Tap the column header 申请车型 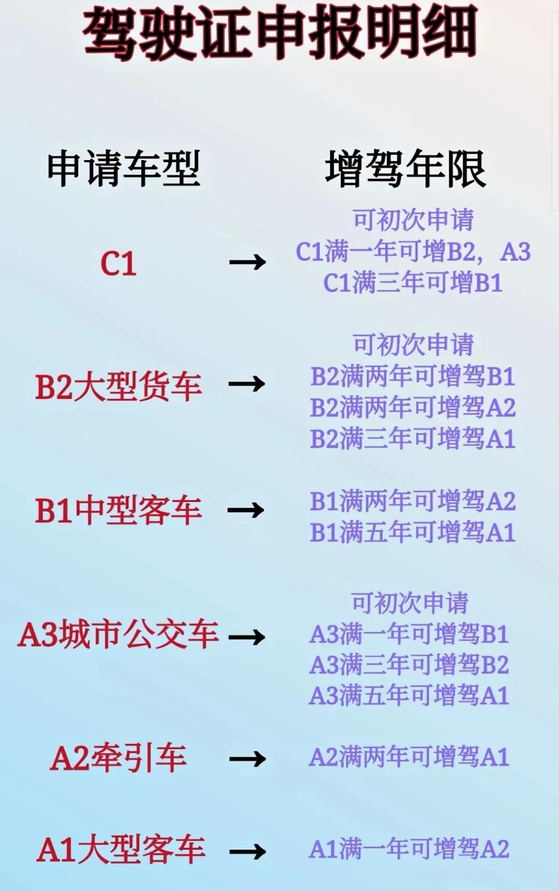[x=123, y=168]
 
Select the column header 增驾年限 [x=405, y=168]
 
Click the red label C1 [x=119, y=264]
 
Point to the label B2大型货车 [x=119, y=386]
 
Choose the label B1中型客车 [x=119, y=510]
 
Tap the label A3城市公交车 [x=119, y=635]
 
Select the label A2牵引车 [x=119, y=758]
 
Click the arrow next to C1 [x=247, y=262]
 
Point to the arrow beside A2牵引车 [x=247, y=759]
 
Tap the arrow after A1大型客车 [x=247, y=852]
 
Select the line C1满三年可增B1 [x=413, y=283]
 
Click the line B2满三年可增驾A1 [x=413, y=439]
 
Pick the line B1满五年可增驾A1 [x=413, y=533]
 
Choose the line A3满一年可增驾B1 [x=409, y=634]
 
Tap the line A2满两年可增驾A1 [x=409, y=757]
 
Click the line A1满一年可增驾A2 [x=409, y=850]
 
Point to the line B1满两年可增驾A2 [x=413, y=501]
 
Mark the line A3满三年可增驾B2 [x=409, y=665]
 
